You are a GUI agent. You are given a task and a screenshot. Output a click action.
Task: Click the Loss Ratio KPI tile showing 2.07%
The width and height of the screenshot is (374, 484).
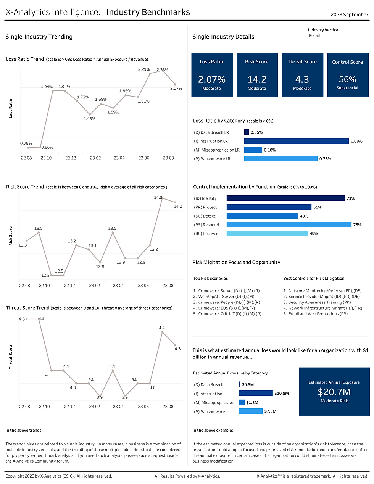211,75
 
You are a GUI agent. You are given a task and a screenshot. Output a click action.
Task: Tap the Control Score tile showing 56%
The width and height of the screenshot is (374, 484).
347,75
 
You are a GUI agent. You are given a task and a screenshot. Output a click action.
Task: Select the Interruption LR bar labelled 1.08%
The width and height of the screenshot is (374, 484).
297,141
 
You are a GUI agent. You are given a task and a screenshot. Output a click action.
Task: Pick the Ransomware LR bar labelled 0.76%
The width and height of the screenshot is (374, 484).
280,159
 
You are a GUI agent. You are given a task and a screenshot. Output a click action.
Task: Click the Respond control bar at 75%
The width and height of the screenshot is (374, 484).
289,225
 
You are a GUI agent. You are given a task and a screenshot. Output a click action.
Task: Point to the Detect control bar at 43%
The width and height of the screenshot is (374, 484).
262,216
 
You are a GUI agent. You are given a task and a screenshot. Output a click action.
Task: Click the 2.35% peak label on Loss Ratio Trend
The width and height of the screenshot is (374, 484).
162,70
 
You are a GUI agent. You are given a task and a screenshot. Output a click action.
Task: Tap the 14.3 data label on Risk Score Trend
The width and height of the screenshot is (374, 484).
158,197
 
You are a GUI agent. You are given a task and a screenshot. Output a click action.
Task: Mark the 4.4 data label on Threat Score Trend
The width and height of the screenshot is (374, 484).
162,328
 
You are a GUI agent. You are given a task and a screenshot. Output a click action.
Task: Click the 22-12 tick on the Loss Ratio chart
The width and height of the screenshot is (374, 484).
71,158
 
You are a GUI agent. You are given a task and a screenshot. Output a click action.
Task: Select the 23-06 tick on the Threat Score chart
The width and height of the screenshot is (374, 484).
143,407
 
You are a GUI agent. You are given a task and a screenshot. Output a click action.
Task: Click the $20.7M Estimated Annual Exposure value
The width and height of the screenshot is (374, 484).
334,392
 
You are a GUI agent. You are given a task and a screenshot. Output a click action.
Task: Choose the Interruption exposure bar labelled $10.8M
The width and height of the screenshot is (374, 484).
256,393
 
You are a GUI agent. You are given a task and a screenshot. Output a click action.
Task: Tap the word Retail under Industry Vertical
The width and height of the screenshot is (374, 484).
314,35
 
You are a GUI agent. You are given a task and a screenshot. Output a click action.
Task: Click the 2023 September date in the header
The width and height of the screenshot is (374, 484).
349,15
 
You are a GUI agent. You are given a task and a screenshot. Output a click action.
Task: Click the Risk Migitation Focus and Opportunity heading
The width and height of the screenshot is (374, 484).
236,262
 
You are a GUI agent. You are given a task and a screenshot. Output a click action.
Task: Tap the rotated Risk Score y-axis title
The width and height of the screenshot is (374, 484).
11,236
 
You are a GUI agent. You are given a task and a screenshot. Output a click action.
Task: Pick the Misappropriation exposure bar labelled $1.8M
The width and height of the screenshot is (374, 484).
242,402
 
